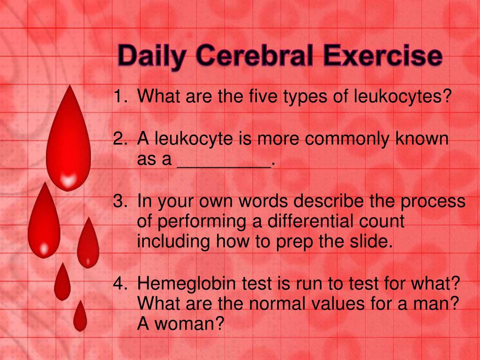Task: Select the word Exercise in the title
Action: point(383,56)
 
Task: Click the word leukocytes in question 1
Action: point(402,96)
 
